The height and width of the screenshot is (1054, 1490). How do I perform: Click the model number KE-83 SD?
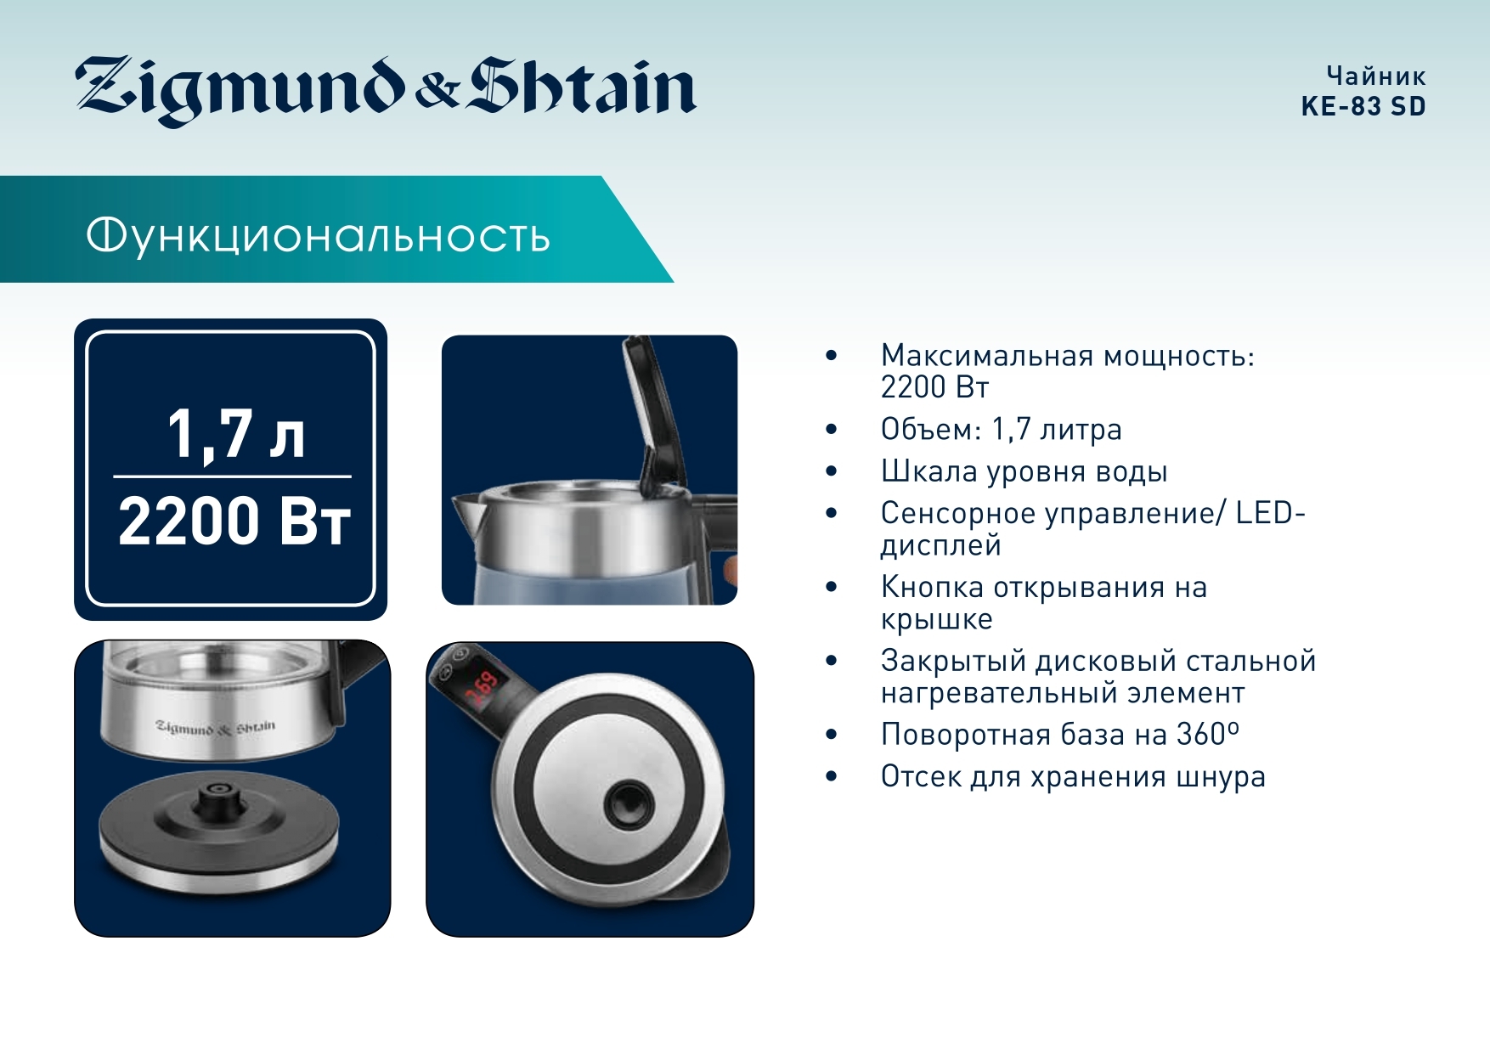[x=1363, y=106]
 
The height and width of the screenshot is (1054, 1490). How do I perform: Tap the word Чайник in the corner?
[x=1376, y=76]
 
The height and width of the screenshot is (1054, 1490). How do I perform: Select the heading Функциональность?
[x=318, y=235]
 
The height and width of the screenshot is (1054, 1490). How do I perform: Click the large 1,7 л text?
[x=235, y=434]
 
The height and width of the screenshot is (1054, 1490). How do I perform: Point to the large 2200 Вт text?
[x=234, y=520]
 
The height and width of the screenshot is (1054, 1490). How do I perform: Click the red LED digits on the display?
[x=482, y=689]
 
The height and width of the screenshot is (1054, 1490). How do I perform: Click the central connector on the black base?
[x=219, y=798]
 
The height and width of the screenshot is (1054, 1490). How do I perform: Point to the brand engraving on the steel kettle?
[x=216, y=727]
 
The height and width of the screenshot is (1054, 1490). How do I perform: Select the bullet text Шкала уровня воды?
[x=1024, y=471]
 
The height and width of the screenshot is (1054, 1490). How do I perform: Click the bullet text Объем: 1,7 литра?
[x=1001, y=429]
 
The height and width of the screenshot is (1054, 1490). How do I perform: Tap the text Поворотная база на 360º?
[x=1059, y=734]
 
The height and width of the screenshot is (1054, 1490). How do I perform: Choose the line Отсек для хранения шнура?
[x=1073, y=776]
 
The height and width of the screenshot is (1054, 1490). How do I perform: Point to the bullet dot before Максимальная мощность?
[x=832, y=356]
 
